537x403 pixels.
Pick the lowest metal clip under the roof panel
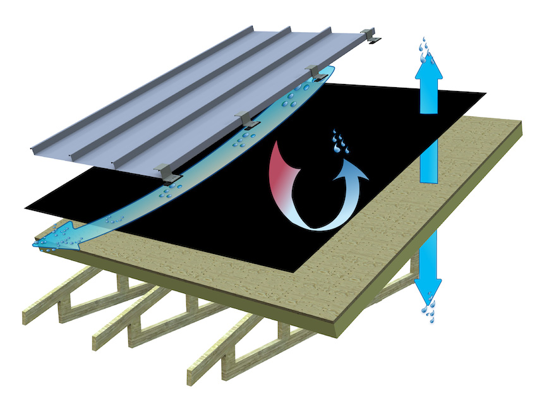166,171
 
